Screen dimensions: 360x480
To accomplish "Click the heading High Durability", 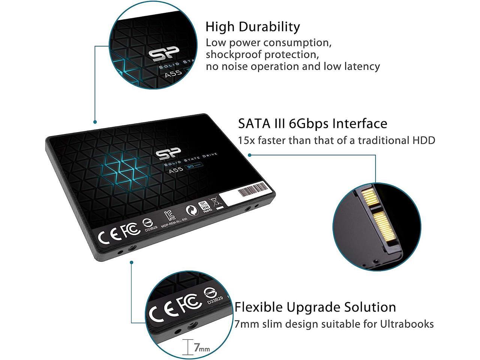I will (x=252, y=27).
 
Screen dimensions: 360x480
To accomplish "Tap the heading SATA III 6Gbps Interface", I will (x=312, y=123).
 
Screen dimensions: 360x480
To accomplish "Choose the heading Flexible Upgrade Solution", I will (x=315, y=307).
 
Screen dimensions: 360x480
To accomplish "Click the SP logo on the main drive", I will (x=168, y=154).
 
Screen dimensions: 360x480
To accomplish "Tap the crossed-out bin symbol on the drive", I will (x=217, y=202).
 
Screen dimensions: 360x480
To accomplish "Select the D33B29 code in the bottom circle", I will (x=215, y=300).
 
